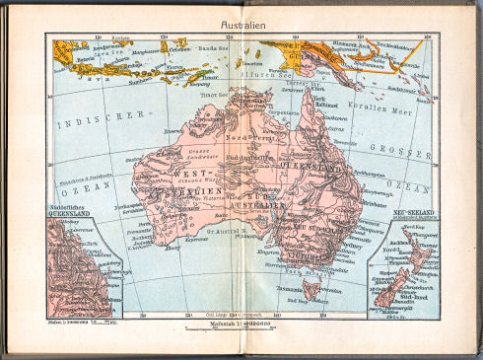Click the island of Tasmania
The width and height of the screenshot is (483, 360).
pyautogui.click(x=314, y=288)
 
